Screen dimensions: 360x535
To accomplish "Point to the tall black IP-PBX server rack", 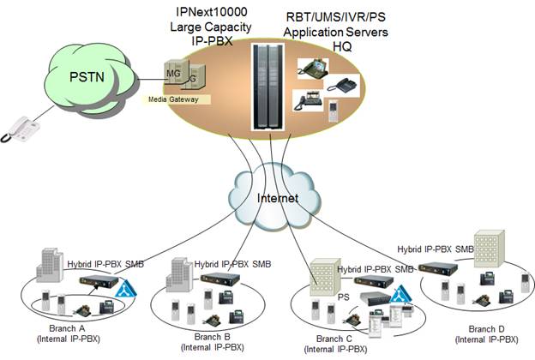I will coord(268,87).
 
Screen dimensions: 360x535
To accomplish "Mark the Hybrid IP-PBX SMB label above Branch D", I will coord(436,249).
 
